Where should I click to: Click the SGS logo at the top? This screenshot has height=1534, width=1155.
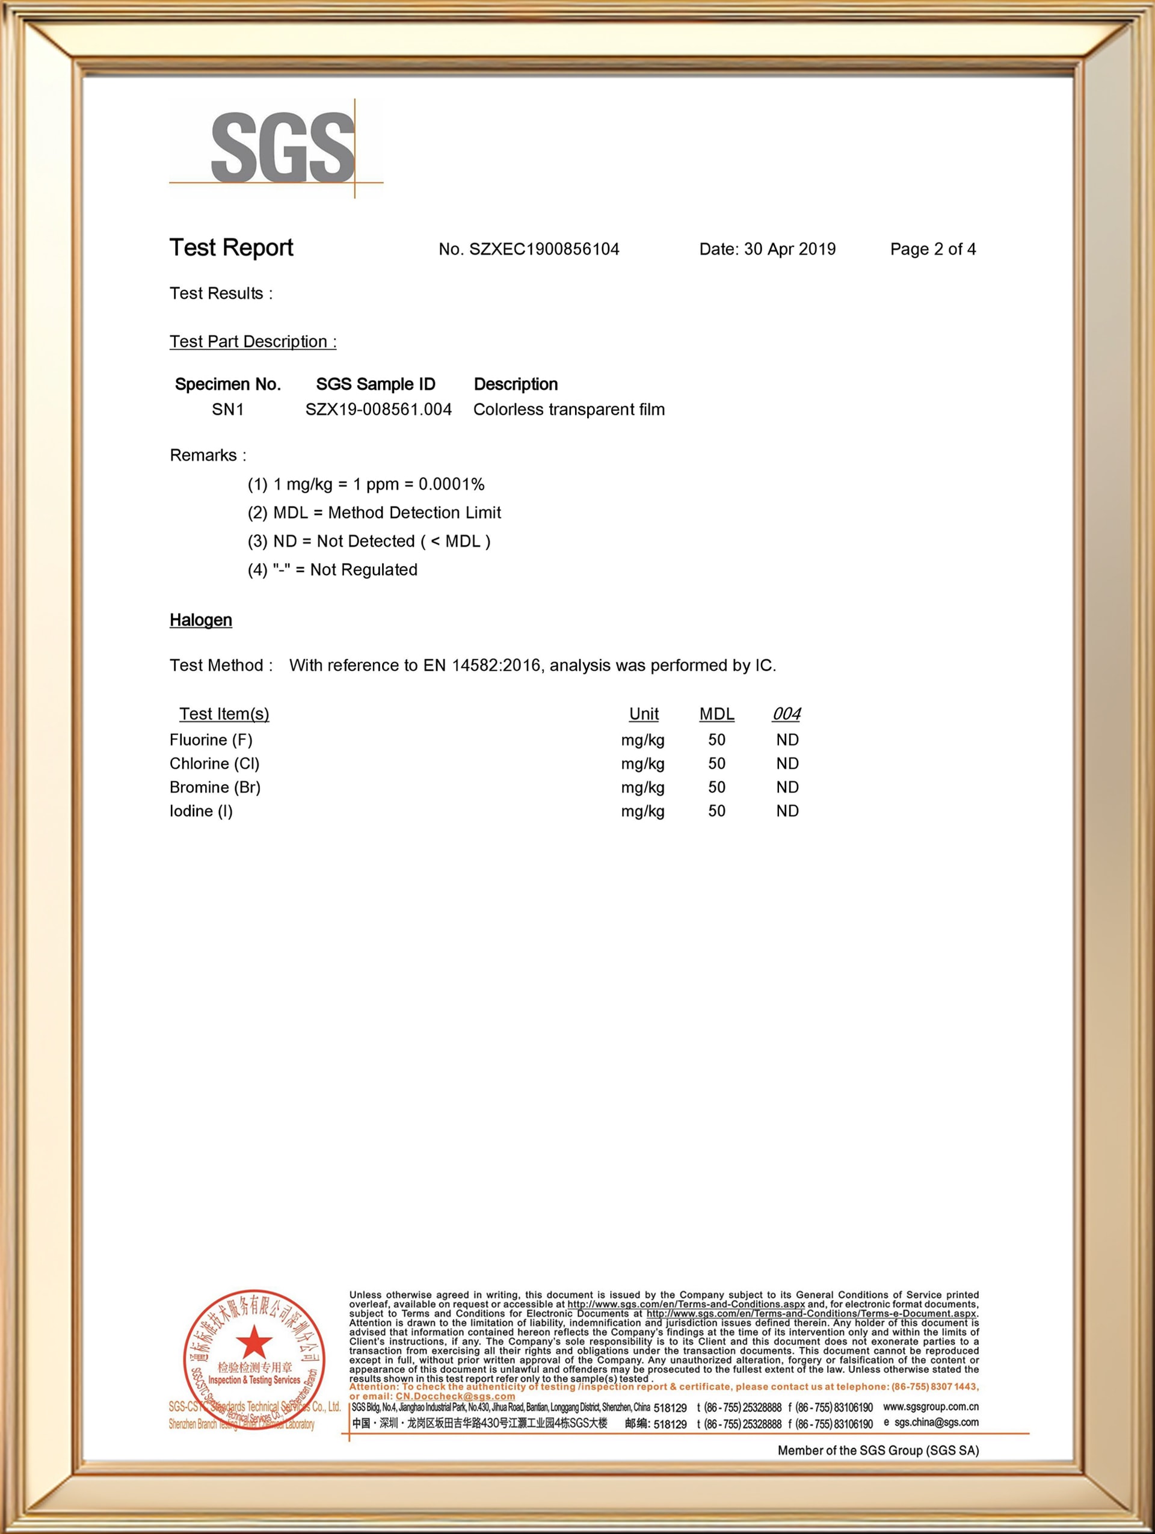coord(282,149)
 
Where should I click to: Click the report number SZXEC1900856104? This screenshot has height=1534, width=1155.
coord(544,249)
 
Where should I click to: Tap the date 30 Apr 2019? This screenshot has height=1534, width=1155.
coord(789,249)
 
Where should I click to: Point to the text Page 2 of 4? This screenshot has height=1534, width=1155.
coord(932,249)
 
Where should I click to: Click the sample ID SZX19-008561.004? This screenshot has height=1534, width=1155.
coord(378,409)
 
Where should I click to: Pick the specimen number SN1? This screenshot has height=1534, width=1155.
coord(227,409)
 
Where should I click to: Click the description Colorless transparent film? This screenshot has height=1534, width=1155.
coord(568,409)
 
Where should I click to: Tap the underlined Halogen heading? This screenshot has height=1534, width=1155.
coord(200,620)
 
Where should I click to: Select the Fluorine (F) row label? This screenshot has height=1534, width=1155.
coord(211,740)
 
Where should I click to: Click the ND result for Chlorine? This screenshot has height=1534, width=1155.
coord(787,763)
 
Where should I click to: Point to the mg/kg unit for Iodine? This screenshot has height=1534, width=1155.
coord(642,811)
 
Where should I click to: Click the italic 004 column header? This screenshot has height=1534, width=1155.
coord(786,713)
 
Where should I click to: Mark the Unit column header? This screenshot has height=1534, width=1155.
coord(643,713)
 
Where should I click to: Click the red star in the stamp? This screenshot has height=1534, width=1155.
coord(254,1343)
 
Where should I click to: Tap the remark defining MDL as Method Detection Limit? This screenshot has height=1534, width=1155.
coord(374,513)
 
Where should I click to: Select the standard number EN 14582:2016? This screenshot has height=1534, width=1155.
coord(482,665)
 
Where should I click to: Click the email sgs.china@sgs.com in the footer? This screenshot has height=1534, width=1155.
coord(936,1422)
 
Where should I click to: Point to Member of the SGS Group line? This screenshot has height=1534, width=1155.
coord(878,1450)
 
